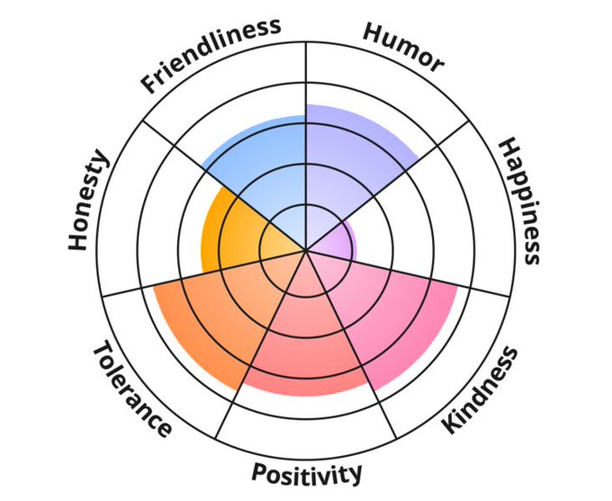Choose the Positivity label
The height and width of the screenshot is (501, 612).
tap(307, 472)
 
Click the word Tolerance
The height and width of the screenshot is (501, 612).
tap(131, 389)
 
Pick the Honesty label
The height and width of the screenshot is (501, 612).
tap(89, 201)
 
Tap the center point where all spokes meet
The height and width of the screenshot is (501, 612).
tap(306, 250)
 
